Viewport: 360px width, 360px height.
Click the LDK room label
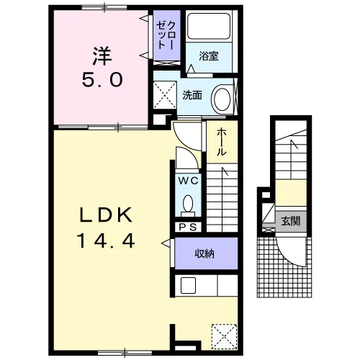106,215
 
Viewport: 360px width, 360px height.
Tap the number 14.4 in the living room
106,241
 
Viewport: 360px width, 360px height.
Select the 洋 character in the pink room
102,56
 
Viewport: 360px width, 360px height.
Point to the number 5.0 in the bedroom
102,80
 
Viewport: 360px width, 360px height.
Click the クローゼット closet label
166,35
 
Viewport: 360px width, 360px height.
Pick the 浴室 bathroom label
209,56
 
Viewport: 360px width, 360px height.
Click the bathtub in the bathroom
208,26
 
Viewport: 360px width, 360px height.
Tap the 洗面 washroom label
192,95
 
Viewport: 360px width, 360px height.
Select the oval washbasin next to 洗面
222,99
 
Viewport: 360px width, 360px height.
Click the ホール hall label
222,142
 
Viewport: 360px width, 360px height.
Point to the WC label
189,181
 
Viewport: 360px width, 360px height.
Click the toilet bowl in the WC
188,204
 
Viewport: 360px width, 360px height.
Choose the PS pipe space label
188,227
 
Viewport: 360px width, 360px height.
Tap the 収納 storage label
204,253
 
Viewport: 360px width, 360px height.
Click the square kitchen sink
188,285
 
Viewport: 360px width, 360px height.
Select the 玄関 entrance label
291,221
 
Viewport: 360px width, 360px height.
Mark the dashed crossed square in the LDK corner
225,336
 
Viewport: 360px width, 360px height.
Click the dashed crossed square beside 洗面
165,95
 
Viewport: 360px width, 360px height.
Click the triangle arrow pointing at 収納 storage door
166,243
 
